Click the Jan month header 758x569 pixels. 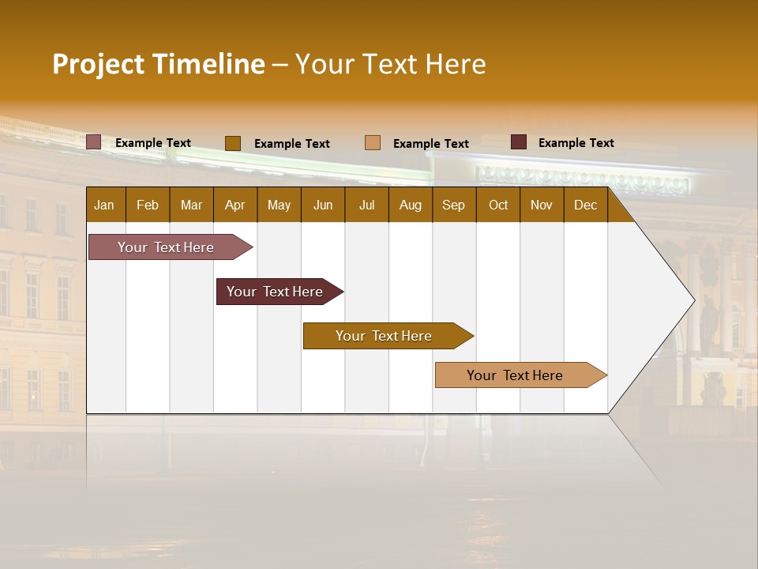pos(104,205)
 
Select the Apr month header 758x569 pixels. pos(235,205)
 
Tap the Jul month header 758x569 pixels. pos(366,205)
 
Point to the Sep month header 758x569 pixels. pos(453,205)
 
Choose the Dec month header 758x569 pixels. pos(585,205)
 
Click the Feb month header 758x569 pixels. pos(148,205)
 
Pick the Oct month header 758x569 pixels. pos(498,205)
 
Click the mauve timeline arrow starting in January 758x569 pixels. pos(166,247)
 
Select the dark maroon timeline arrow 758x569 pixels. pos(275,292)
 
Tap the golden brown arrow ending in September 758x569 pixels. pos(384,336)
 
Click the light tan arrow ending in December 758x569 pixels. pos(515,375)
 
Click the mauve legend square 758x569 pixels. pos(93,142)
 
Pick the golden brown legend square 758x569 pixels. pos(232,143)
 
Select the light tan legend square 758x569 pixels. pos(373,142)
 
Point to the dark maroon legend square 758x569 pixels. pos(519,142)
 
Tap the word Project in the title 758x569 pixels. pos(99,64)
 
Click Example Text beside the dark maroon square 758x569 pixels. pos(576,143)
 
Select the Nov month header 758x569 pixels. pos(542,205)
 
